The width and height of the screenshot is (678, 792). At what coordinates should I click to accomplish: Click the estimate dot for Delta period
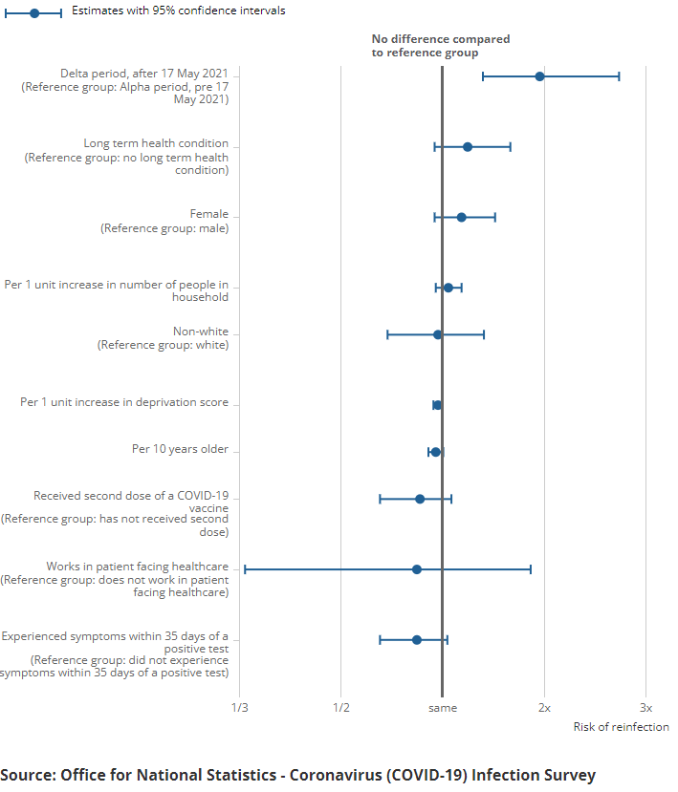539,76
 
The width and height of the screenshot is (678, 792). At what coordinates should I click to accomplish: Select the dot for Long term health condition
467,147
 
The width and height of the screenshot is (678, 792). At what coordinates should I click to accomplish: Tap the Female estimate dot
461,218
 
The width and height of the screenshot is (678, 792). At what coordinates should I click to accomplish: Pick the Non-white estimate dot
437,334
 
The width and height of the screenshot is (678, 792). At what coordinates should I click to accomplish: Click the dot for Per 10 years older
435,452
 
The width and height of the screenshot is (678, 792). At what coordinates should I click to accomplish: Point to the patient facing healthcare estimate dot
416,569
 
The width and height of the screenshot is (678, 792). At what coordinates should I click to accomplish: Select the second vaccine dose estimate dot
419,499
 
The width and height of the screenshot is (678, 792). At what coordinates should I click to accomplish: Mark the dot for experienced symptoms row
416,640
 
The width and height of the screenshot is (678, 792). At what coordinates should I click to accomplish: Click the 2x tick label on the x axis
543,708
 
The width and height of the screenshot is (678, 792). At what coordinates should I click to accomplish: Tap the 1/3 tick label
239,708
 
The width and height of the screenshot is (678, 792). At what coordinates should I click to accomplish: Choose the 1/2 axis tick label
340,708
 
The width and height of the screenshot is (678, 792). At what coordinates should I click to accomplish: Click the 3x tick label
645,708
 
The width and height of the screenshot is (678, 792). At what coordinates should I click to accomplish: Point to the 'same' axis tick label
442,708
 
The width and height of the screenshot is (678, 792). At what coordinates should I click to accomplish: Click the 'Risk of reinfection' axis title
621,728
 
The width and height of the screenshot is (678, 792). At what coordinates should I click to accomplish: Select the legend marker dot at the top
33,12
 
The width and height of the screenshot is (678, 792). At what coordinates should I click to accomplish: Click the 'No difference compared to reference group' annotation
440,46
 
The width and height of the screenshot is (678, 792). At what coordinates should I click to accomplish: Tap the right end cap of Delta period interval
619,76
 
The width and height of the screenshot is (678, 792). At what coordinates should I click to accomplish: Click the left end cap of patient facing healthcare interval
245,569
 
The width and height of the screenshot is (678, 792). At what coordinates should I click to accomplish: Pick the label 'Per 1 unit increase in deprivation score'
124,403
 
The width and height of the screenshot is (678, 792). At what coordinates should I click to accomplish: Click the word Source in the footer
27,775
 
